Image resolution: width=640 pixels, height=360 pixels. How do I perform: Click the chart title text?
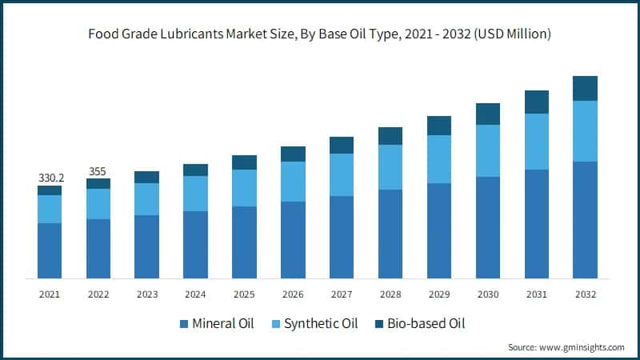320,34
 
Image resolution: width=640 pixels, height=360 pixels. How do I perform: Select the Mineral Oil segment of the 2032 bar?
586,220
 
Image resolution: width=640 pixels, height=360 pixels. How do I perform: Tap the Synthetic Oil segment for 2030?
488,150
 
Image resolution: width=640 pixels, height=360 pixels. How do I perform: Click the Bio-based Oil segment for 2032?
586,88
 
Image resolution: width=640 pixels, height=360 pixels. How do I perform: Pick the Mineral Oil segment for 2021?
50,250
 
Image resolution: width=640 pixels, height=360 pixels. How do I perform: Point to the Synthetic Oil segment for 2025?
245,188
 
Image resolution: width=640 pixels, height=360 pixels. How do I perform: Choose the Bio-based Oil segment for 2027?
342,145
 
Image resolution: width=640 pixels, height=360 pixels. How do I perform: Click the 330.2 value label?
50,178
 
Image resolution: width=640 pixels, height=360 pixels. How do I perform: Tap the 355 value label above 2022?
98,170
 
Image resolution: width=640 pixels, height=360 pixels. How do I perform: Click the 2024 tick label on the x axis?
196,294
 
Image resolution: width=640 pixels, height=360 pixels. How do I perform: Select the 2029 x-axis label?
439,294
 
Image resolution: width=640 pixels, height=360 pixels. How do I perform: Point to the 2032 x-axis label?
586,294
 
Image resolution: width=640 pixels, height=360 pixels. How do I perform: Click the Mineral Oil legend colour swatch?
184,324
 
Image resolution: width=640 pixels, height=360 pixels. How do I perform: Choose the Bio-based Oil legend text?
426,324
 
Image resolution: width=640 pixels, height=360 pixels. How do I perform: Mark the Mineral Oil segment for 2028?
390,234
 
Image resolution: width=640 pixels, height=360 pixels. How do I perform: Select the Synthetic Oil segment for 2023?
147,199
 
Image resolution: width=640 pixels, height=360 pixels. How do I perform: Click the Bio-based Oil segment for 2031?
537,102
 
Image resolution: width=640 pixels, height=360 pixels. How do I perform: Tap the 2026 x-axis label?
293,294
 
